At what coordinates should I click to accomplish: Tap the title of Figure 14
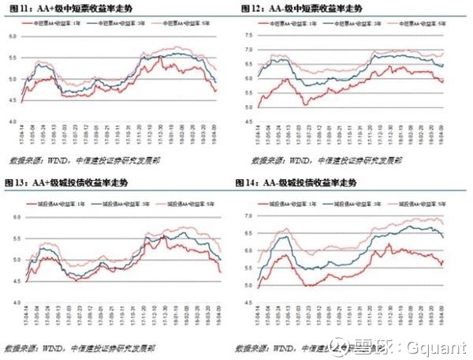tap(296, 183)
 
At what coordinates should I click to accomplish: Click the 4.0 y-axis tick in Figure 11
tap(11, 122)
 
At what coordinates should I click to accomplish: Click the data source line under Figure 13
tap(71, 347)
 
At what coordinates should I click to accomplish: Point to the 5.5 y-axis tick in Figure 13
tap(11, 237)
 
